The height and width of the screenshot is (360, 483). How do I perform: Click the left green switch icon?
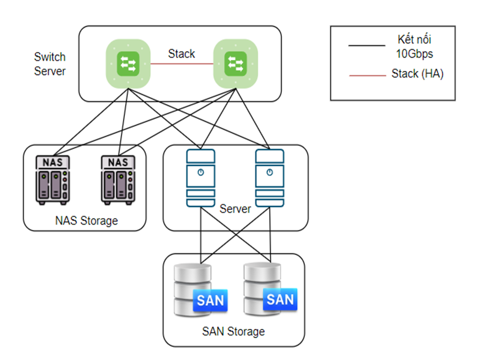128,62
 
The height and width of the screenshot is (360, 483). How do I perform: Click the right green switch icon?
235,62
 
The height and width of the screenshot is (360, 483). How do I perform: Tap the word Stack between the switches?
181,54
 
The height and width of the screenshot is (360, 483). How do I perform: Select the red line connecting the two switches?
181,63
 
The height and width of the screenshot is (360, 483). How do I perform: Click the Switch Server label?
50,64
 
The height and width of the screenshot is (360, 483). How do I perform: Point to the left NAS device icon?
53,180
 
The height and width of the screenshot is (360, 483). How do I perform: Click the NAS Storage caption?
87,220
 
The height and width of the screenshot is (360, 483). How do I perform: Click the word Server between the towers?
235,209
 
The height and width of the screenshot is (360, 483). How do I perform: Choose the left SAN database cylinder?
193,290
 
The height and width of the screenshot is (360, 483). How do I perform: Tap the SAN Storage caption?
233,331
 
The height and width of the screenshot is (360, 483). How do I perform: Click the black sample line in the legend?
367,46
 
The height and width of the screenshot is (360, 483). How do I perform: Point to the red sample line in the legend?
367,76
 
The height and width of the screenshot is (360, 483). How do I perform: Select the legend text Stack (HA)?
417,74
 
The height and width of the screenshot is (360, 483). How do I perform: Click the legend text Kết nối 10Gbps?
417,46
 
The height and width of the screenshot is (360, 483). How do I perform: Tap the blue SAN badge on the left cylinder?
210,301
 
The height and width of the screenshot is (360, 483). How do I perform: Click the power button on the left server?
200,172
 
